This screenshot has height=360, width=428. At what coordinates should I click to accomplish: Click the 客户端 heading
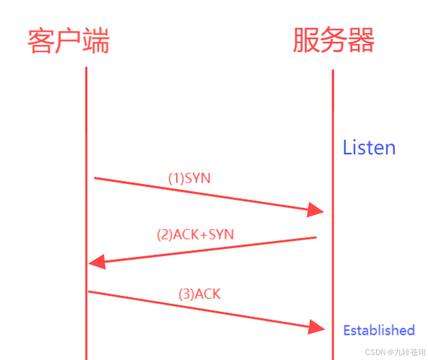click(x=69, y=41)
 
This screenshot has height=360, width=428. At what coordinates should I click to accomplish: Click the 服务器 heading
click(x=333, y=41)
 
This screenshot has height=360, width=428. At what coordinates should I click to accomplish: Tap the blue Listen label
click(x=369, y=148)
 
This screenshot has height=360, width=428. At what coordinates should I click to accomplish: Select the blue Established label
click(x=379, y=330)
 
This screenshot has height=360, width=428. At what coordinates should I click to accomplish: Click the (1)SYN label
click(x=189, y=178)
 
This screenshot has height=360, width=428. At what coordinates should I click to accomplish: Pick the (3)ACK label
click(x=199, y=294)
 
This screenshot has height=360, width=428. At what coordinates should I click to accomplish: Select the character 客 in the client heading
click(x=41, y=41)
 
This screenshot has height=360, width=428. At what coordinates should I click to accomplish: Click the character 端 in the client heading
click(x=96, y=41)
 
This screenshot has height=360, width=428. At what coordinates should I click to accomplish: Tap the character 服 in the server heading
click(x=306, y=41)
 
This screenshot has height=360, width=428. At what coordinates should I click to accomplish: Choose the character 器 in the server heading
click(x=362, y=41)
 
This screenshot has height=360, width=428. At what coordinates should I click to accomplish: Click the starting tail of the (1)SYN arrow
click(x=95, y=177)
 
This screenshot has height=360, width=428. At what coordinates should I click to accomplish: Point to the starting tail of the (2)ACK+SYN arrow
click(x=316, y=237)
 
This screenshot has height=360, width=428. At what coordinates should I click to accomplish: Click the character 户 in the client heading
click(x=69, y=41)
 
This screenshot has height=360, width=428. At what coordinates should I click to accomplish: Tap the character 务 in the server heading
click(x=333, y=41)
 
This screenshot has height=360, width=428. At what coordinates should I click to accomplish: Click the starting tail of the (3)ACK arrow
click(x=89, y=291)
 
